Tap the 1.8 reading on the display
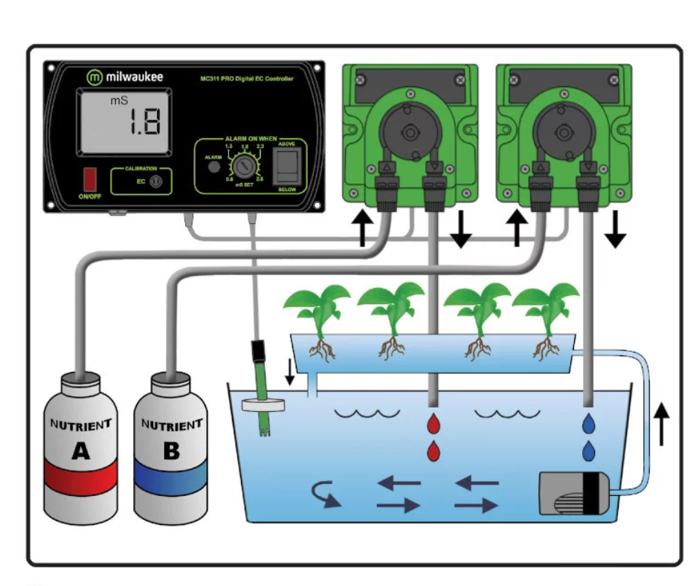141,121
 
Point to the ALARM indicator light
213,167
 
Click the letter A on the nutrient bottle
80,450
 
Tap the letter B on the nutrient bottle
172,450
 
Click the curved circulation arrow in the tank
327,493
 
